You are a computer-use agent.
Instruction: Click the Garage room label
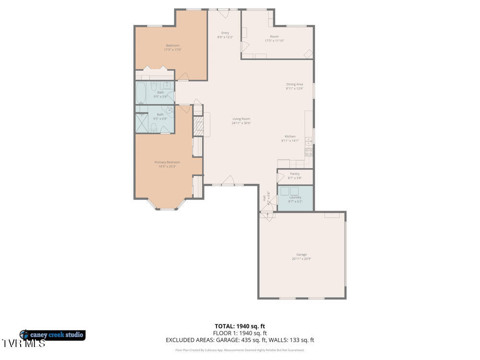click(x=301, y=254)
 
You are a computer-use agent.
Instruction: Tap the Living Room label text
click(x=241, y=119)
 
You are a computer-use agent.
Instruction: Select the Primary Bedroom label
click(x=167, y=162)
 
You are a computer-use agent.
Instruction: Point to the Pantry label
click(x=295, y=174)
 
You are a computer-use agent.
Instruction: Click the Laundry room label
click(x=295, y=197)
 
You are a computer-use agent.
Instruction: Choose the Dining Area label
click(x=295, y=84)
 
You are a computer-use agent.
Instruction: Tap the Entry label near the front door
click(x=225, y=33)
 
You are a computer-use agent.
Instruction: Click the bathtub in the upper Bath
click(x=141, y=93)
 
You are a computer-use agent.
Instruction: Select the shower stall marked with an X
click(x=142, y=123)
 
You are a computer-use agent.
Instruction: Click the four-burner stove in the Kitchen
click(x=309, y=152)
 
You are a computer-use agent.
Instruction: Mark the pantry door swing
click(x=280, y=177)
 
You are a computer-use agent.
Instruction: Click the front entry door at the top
click(x=224, y=13)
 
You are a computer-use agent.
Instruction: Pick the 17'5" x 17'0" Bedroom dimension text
click(x=173, y=49)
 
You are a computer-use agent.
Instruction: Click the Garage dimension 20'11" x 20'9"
click(x=301, y=259)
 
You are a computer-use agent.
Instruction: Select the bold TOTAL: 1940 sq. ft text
click(x=240, y=326)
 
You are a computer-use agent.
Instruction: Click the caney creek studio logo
click(x=52, y=335)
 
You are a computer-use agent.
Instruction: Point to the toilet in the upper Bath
click(x=153, y=86)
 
